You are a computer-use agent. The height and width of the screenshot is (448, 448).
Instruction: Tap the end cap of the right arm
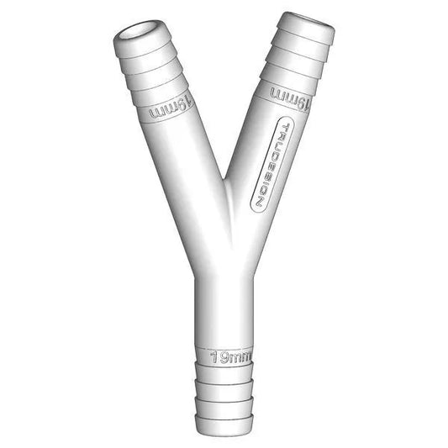click(307, 25)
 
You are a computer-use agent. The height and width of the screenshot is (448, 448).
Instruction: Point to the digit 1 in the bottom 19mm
click(213, 356)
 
